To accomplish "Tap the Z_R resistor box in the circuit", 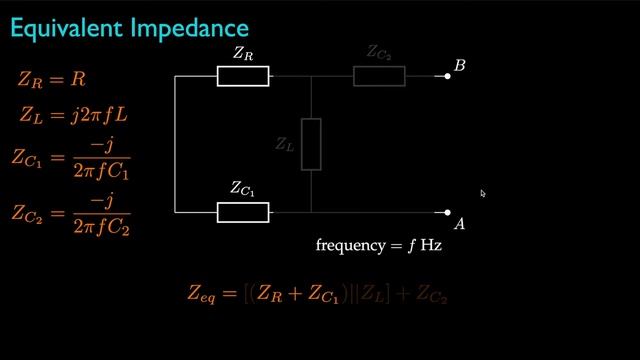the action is [243, 76].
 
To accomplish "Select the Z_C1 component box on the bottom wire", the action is [243, 212].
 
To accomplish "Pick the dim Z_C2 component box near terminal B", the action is [379, 76].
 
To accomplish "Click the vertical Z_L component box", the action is [311, 144].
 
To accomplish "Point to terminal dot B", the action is [448, 76].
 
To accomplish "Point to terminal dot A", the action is [448, 212].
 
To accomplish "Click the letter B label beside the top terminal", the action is [460, 66].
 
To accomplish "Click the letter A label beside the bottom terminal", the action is [460, 224].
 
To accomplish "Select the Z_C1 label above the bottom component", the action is [243, 188].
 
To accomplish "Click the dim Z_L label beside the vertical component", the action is [285, 144].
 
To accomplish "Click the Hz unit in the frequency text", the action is [430, 245].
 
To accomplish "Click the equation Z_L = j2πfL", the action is [72, 115].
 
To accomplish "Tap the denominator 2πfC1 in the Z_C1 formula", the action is [101, 172].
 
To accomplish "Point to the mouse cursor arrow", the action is [482, 193].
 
